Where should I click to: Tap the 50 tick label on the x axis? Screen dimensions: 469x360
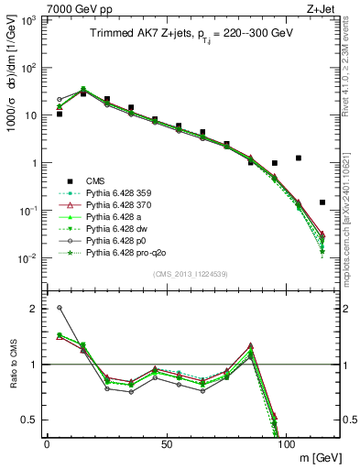(x=166, y=442)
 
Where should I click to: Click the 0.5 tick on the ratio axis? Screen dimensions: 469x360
(x=37, y=420)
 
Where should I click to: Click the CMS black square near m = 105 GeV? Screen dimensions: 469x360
(x=299, y=158)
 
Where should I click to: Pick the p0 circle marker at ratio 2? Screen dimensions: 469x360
(x=60, y=308)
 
